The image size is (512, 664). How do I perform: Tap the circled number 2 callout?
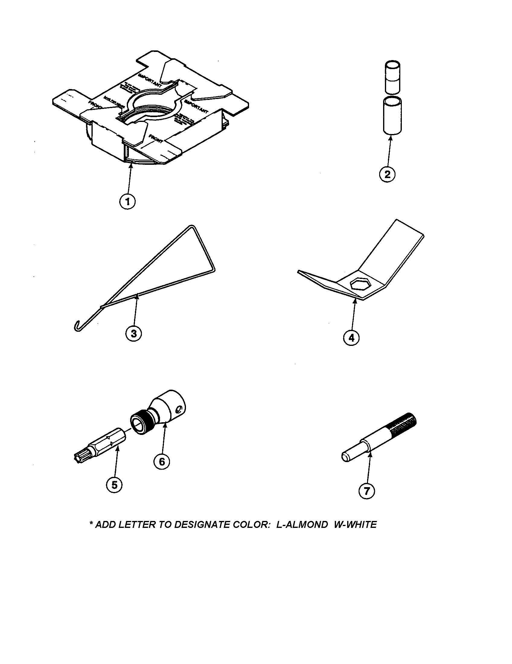(x=387, y=174)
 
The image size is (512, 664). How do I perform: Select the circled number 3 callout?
(x=134, y=334)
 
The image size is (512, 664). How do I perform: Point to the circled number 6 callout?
(x=162, y=461)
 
